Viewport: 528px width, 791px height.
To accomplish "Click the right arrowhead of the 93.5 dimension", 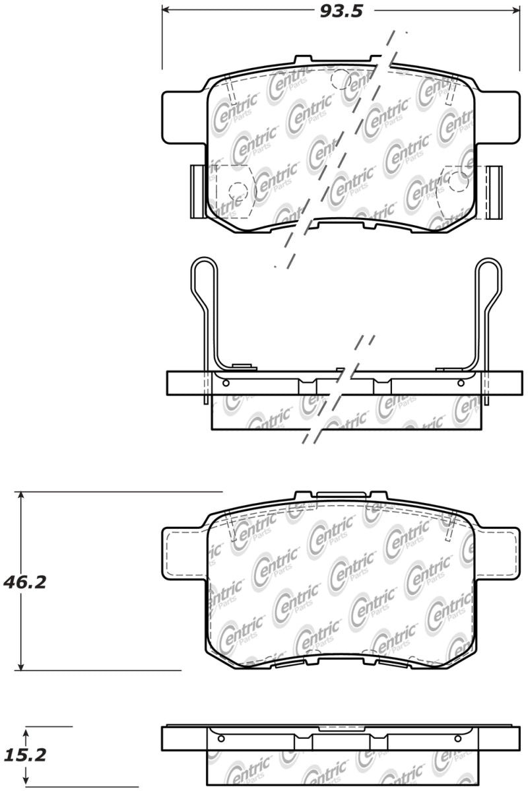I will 515,11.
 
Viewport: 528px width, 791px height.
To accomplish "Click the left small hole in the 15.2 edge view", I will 221,738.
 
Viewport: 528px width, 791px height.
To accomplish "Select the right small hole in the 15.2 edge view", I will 460,738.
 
